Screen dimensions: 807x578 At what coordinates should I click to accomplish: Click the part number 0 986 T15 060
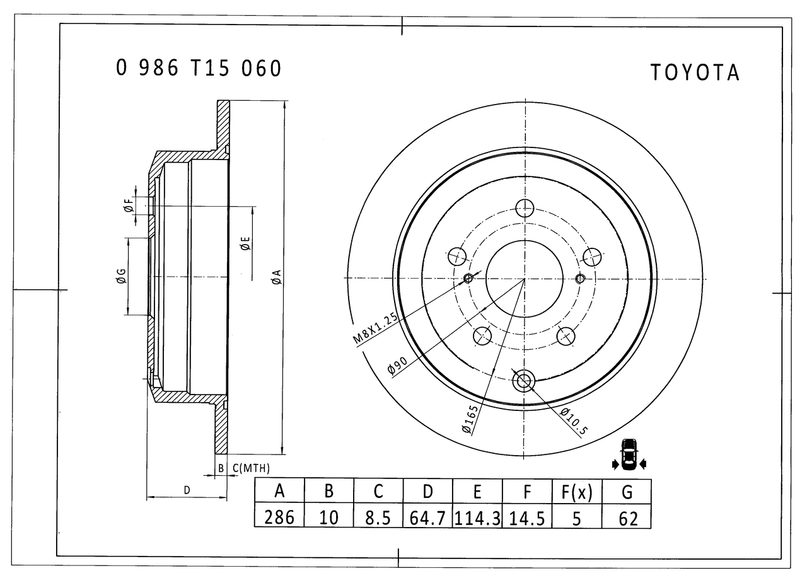[198, 67]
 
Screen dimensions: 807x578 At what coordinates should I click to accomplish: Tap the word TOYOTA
[695, 72]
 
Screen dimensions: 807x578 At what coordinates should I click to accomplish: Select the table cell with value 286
[279, 517]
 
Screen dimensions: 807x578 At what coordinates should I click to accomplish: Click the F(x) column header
[576, 492]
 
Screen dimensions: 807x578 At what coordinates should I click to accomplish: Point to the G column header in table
[627, 492]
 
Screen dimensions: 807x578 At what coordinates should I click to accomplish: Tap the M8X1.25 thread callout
[375, 328]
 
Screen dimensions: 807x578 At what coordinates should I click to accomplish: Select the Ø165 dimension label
[470, 419]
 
